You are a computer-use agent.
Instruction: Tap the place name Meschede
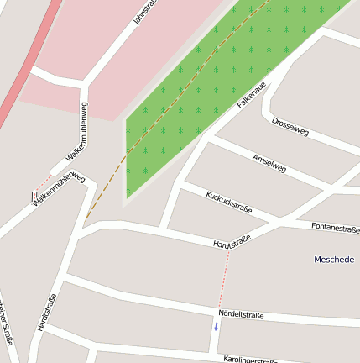[x=334, y=260]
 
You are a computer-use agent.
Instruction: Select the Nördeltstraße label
[x=241, y=315]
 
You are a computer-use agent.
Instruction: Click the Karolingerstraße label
[x=250, y=360]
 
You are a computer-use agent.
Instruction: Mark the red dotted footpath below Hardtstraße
[x=224, y=277]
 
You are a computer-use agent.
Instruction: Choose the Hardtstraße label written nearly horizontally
[x=232, y=243]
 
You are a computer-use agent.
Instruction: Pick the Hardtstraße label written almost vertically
[x=47, y=313]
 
